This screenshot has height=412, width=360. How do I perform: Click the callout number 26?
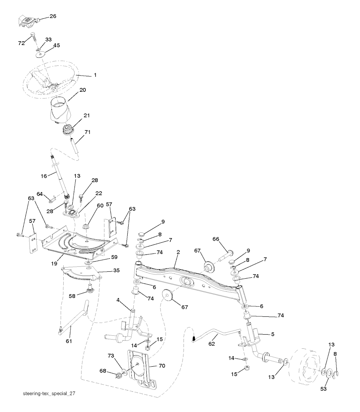(x=53, y=16)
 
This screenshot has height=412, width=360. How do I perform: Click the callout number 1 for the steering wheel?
(x=95, y=75)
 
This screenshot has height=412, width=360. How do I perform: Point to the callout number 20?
(x=83, y=90)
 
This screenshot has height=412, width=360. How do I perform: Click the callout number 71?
(x=87, y=132)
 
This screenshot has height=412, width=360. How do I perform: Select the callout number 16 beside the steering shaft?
(x=44, y=176)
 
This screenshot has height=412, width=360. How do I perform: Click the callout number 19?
(x=54, y=263)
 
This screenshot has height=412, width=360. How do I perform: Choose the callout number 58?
(x=72, y=296)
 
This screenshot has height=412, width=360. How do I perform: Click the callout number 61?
(x=69, y=341)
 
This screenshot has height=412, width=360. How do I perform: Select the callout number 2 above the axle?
(x=178, y=252)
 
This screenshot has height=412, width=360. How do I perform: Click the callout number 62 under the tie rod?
(x=212, y=344)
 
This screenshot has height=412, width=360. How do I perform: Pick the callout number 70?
(x=162, y=366)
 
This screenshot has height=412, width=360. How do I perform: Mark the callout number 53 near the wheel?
(x=323, y=388)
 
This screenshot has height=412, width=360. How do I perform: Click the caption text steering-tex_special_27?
(x=49, y=394)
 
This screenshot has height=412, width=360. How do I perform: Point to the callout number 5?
(x=273, y=334)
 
